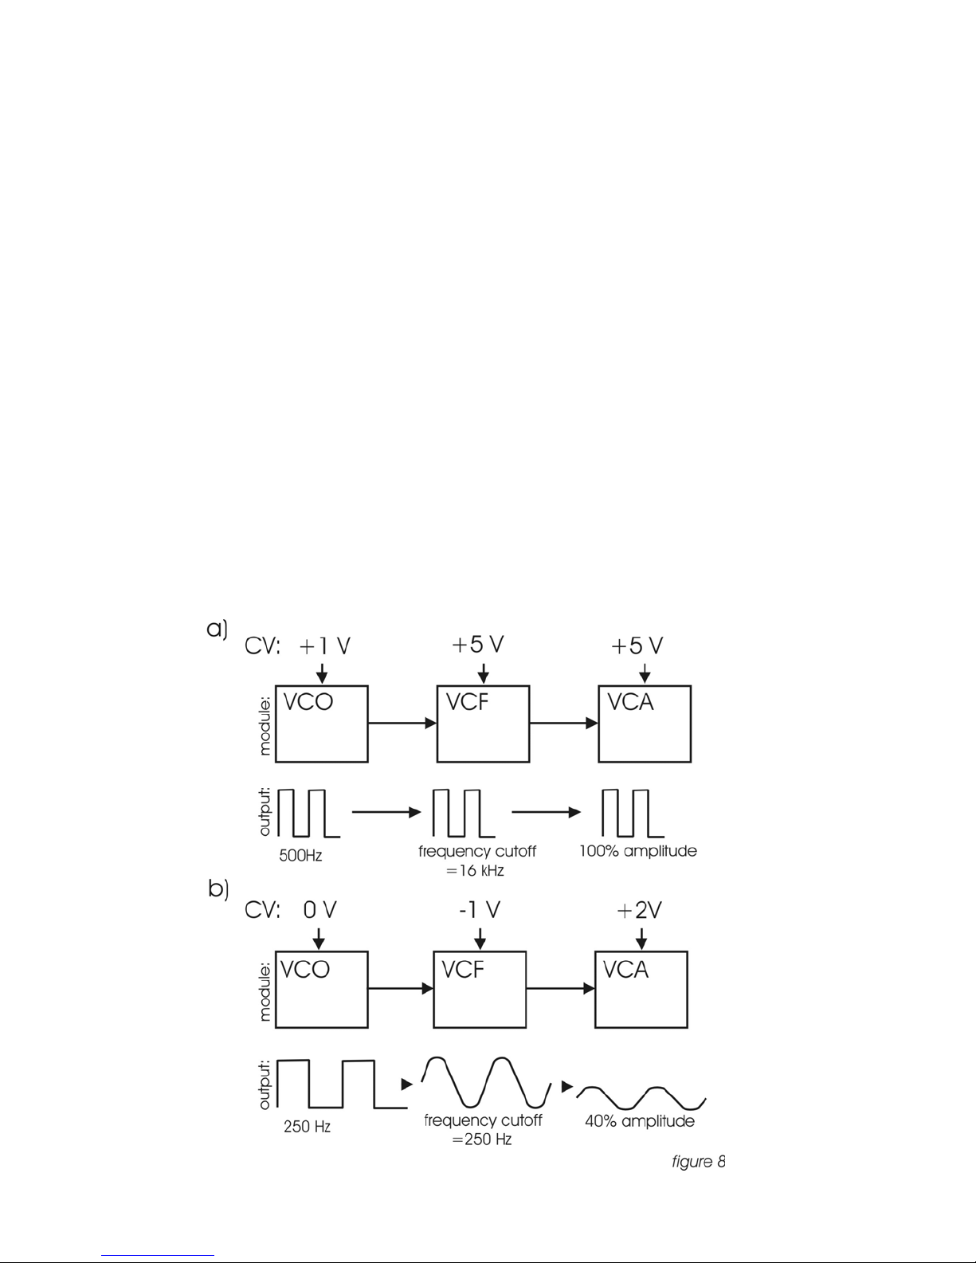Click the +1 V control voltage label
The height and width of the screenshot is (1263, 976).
(x=325, y=646)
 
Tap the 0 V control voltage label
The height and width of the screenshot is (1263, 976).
(x=319, y=910)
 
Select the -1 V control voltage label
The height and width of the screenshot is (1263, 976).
(x=480, y=910)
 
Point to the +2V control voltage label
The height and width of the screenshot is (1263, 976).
(x=639, y=910)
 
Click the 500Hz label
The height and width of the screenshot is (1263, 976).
(x=300, y=856)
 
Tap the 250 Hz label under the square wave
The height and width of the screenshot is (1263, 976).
(x=307, y=1127)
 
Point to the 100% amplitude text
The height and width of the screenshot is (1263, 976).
(x=638, y=851)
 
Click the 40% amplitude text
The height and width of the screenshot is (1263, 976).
(x=640, y=1120)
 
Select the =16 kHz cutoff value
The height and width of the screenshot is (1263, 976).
(x=475, y=871)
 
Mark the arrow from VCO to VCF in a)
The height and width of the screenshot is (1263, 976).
(x=402, y=723)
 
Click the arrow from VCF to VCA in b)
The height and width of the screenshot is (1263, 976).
(x=561, y=988)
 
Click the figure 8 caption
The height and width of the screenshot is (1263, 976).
(x=698, y=1161)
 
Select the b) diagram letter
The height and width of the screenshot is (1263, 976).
(x=218, y=889)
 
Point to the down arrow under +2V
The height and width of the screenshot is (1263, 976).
(x=641, y=939)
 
